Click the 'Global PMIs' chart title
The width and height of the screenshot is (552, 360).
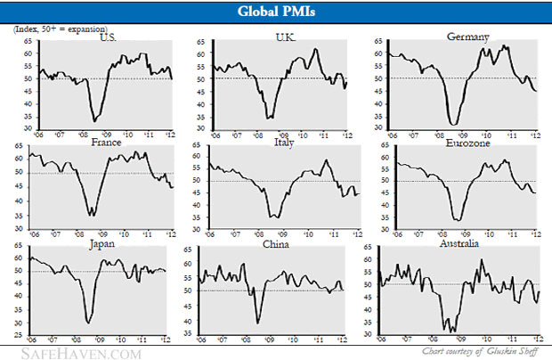(x=275, y=12)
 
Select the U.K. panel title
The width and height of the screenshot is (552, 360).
(x=287, y=37)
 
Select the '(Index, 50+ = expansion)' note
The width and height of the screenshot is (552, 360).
(x=53, y=29)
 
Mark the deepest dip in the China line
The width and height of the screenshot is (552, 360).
(x=258, y=322)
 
